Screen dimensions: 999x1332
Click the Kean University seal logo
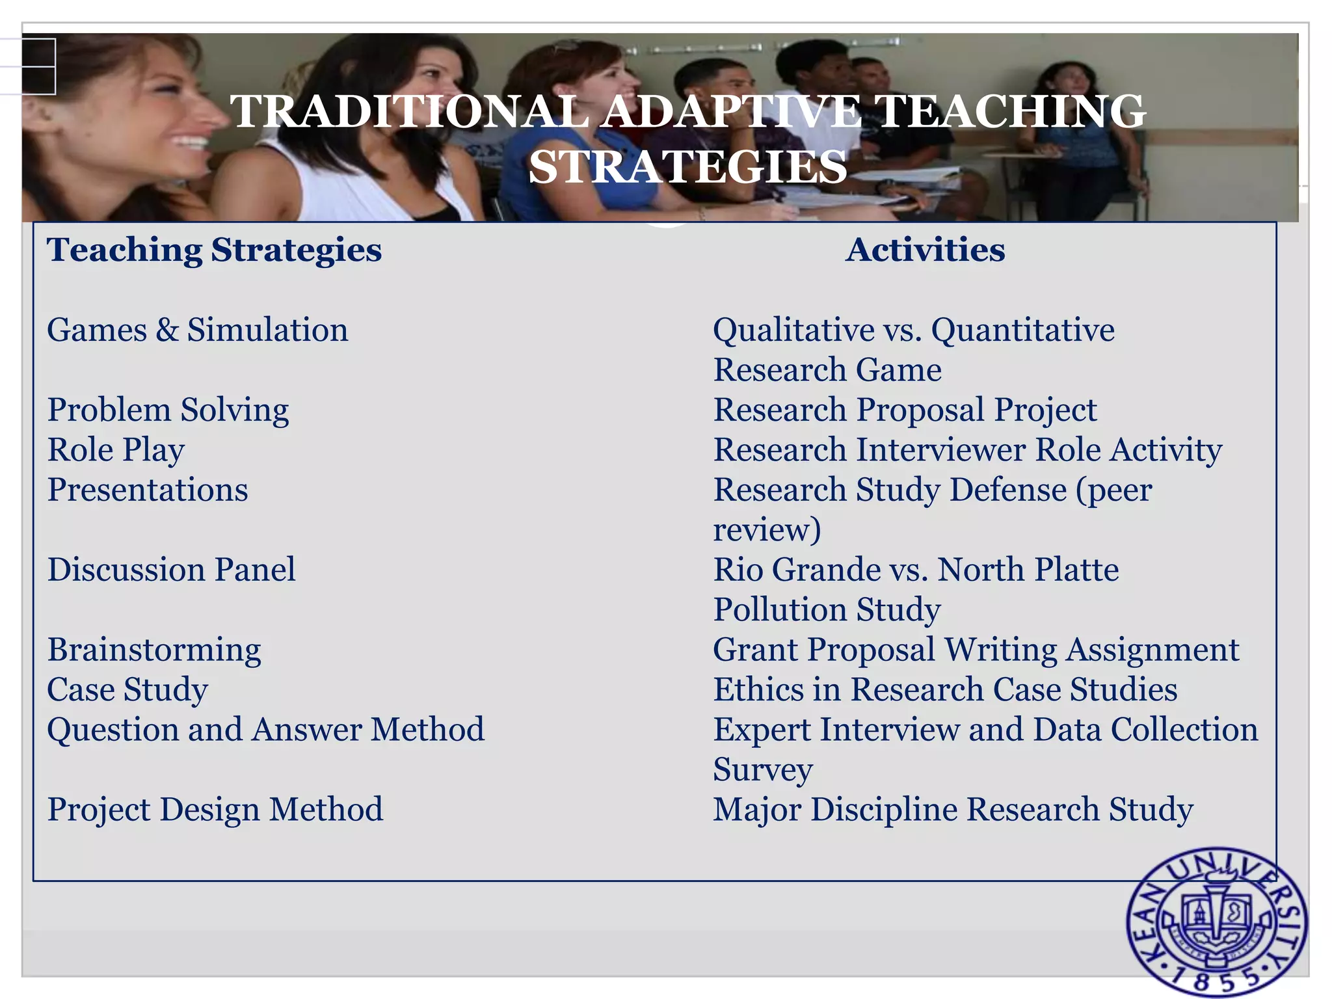1217,922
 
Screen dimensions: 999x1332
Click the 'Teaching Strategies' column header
214,250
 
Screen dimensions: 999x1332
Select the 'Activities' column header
925,250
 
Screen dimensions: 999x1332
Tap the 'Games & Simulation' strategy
198,330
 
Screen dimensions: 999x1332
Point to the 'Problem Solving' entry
168,410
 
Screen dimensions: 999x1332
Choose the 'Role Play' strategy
116,450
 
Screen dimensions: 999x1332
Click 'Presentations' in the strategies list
148,490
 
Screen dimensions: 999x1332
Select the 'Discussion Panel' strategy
171,570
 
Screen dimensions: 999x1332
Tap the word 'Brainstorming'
154,650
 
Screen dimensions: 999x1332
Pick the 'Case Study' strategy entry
127,689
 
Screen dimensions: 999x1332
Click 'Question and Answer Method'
265,730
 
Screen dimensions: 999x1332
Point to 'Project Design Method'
215,810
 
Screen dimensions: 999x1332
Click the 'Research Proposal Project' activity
905,410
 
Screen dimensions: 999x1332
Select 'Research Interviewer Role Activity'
967,450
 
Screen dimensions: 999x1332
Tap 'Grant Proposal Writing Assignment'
976,650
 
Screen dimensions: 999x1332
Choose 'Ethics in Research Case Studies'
945,689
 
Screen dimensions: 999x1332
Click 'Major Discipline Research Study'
953,810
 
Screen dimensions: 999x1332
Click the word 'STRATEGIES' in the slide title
687,166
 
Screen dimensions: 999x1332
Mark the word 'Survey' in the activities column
762,770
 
